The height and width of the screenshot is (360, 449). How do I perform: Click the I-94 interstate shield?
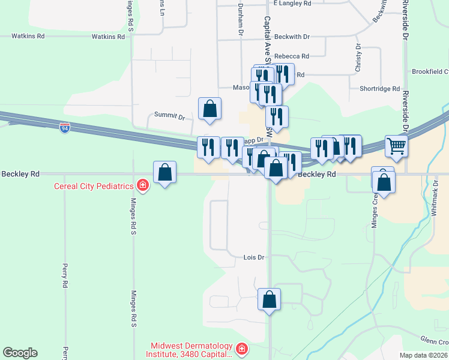65,128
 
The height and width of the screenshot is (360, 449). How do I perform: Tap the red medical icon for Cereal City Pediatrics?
143,185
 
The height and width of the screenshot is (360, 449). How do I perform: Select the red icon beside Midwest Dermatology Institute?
241,348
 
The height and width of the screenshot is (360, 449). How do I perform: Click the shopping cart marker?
396,146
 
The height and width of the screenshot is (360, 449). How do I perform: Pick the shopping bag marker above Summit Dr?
210,109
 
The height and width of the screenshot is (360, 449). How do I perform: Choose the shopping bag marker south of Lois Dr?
270,299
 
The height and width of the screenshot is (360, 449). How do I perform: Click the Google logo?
20,353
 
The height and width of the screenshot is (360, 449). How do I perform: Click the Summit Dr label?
169,115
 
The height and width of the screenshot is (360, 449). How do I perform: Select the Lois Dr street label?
254,257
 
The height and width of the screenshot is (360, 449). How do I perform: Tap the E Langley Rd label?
292,3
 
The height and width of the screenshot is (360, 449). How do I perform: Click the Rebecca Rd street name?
291,56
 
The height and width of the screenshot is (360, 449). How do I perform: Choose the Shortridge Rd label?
379,89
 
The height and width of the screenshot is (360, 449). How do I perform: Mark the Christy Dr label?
358,58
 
